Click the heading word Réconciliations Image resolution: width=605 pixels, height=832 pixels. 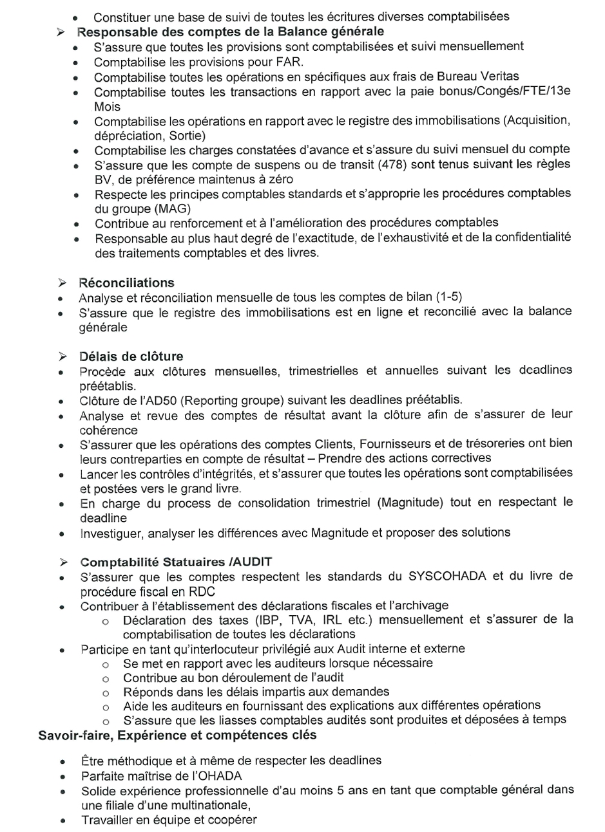[126, 282]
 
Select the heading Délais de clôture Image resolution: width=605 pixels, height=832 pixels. [131, 356]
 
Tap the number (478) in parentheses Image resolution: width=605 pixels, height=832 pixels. [392, 165]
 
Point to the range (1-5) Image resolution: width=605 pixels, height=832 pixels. [448, 297]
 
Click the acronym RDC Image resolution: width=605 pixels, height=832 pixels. [202, 591]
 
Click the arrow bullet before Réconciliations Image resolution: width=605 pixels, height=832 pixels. [62, 283]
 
